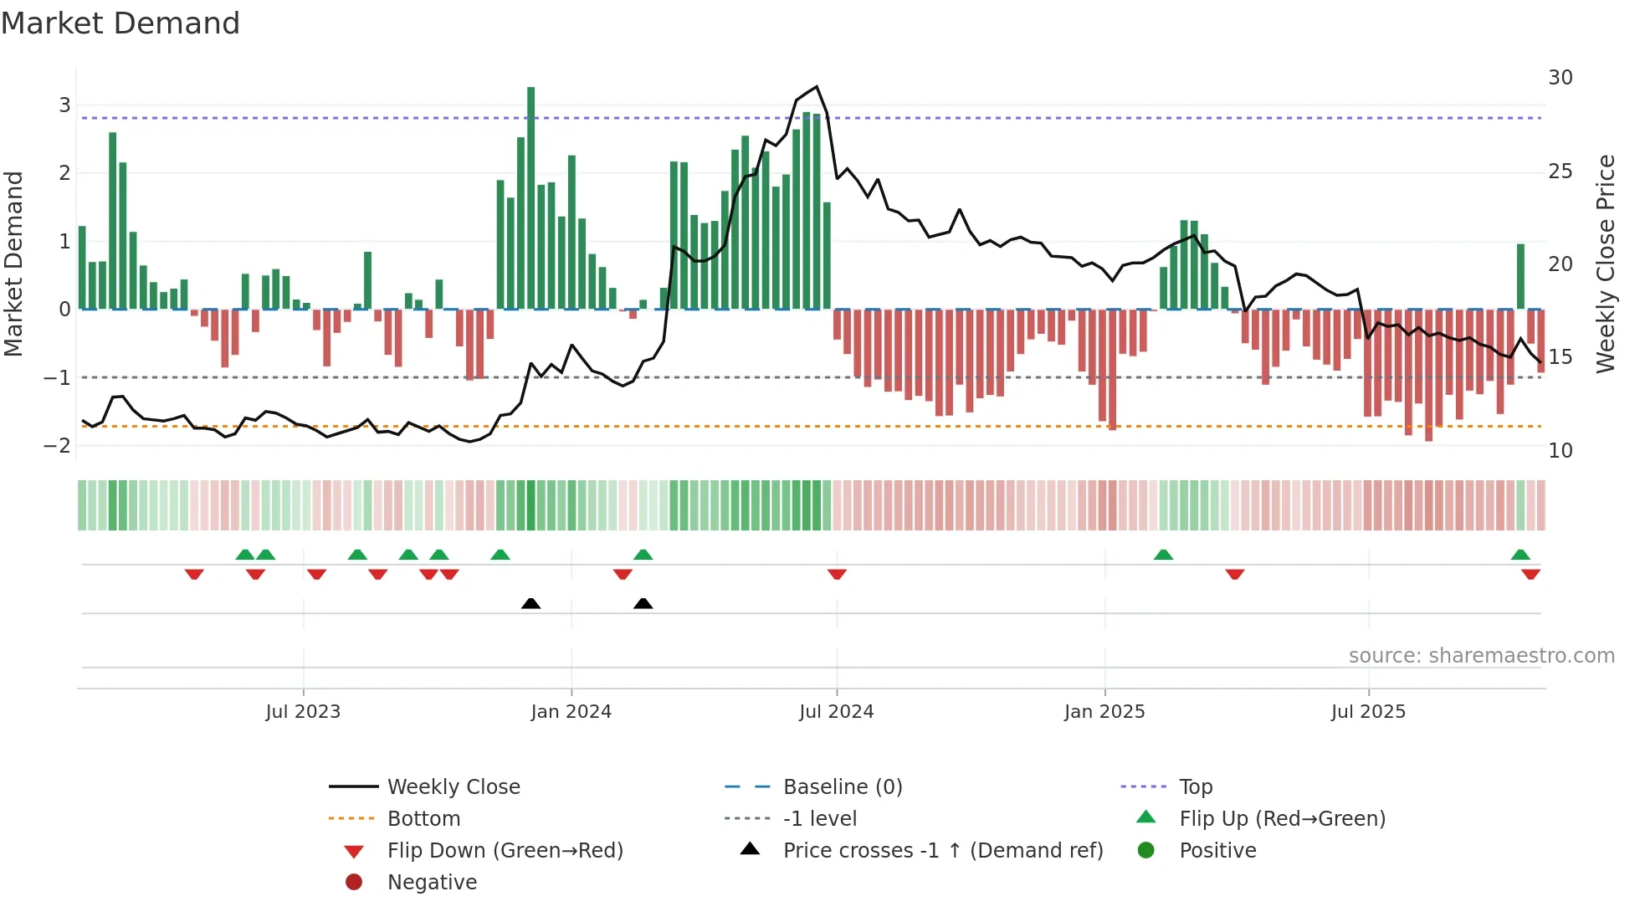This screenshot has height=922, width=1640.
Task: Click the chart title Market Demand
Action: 120,23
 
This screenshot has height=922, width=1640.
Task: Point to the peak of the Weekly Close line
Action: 817,87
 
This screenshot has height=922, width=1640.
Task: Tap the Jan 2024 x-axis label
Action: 571,712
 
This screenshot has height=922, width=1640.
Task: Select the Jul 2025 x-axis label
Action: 1368,712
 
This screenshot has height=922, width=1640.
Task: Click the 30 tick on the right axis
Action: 1560,78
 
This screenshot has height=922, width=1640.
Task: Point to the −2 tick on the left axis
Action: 57,445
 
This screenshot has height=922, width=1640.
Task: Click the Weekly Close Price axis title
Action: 1605,264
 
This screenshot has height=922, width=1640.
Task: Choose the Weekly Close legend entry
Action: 453,787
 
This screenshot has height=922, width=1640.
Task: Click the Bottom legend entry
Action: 423,819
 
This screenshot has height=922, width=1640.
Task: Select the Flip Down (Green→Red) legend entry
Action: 505,851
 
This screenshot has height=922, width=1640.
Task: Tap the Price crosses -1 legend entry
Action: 942,851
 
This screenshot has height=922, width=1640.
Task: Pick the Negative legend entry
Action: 432,883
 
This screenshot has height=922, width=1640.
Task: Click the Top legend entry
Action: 1195,787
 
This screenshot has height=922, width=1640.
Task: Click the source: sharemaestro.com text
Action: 1481,656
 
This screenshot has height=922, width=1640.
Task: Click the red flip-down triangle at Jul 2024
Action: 837,574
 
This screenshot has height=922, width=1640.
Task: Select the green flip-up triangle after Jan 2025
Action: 1163,555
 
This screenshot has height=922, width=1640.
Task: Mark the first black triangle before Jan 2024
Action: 530,603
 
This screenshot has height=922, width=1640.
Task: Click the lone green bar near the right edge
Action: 1520,276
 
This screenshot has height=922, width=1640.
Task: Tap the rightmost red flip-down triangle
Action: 1530,574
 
